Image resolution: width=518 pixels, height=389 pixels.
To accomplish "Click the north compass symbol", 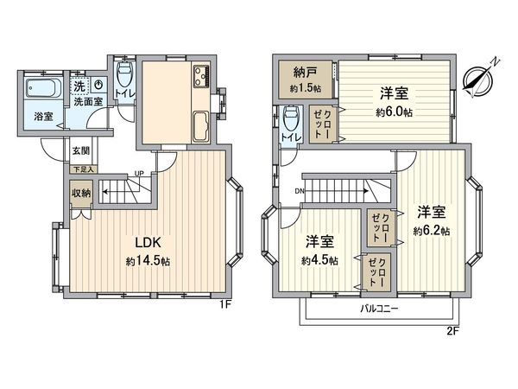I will [x=477, y=77].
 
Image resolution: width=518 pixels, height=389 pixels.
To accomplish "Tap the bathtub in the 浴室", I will [x=38, y=89].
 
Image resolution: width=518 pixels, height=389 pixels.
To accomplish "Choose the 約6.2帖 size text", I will [x=431, y=230].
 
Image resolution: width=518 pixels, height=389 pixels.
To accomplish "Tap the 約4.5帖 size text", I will [x=319, y=260].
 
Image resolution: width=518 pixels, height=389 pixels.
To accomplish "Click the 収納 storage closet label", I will [x=81, y=194].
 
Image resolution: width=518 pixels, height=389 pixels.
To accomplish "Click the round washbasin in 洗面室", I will [x=99, y=86].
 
